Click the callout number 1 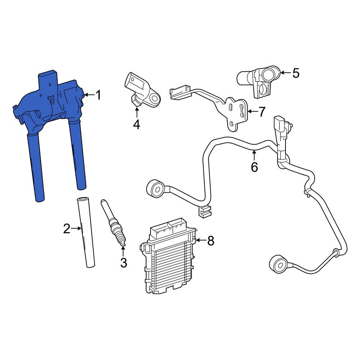pos(98,95)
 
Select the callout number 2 pos(67,229)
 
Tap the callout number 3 pos(123,263)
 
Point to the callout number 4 pos(136,125)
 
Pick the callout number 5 pos(296,73)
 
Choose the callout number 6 pos(254,167)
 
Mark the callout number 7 pos(262,112)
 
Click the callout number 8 pos(211,240)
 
